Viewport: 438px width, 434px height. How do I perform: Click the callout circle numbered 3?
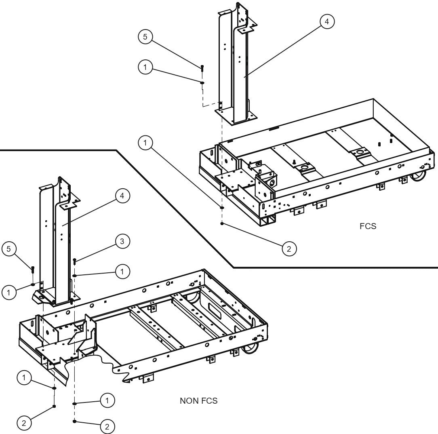122,241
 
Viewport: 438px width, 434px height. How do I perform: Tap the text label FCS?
368,226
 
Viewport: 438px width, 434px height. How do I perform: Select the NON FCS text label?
198,401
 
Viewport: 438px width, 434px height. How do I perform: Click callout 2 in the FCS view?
288,249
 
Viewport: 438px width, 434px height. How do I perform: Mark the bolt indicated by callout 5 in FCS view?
202,68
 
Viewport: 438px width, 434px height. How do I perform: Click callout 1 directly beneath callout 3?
122,272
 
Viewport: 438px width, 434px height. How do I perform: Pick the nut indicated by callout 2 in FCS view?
222,223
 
